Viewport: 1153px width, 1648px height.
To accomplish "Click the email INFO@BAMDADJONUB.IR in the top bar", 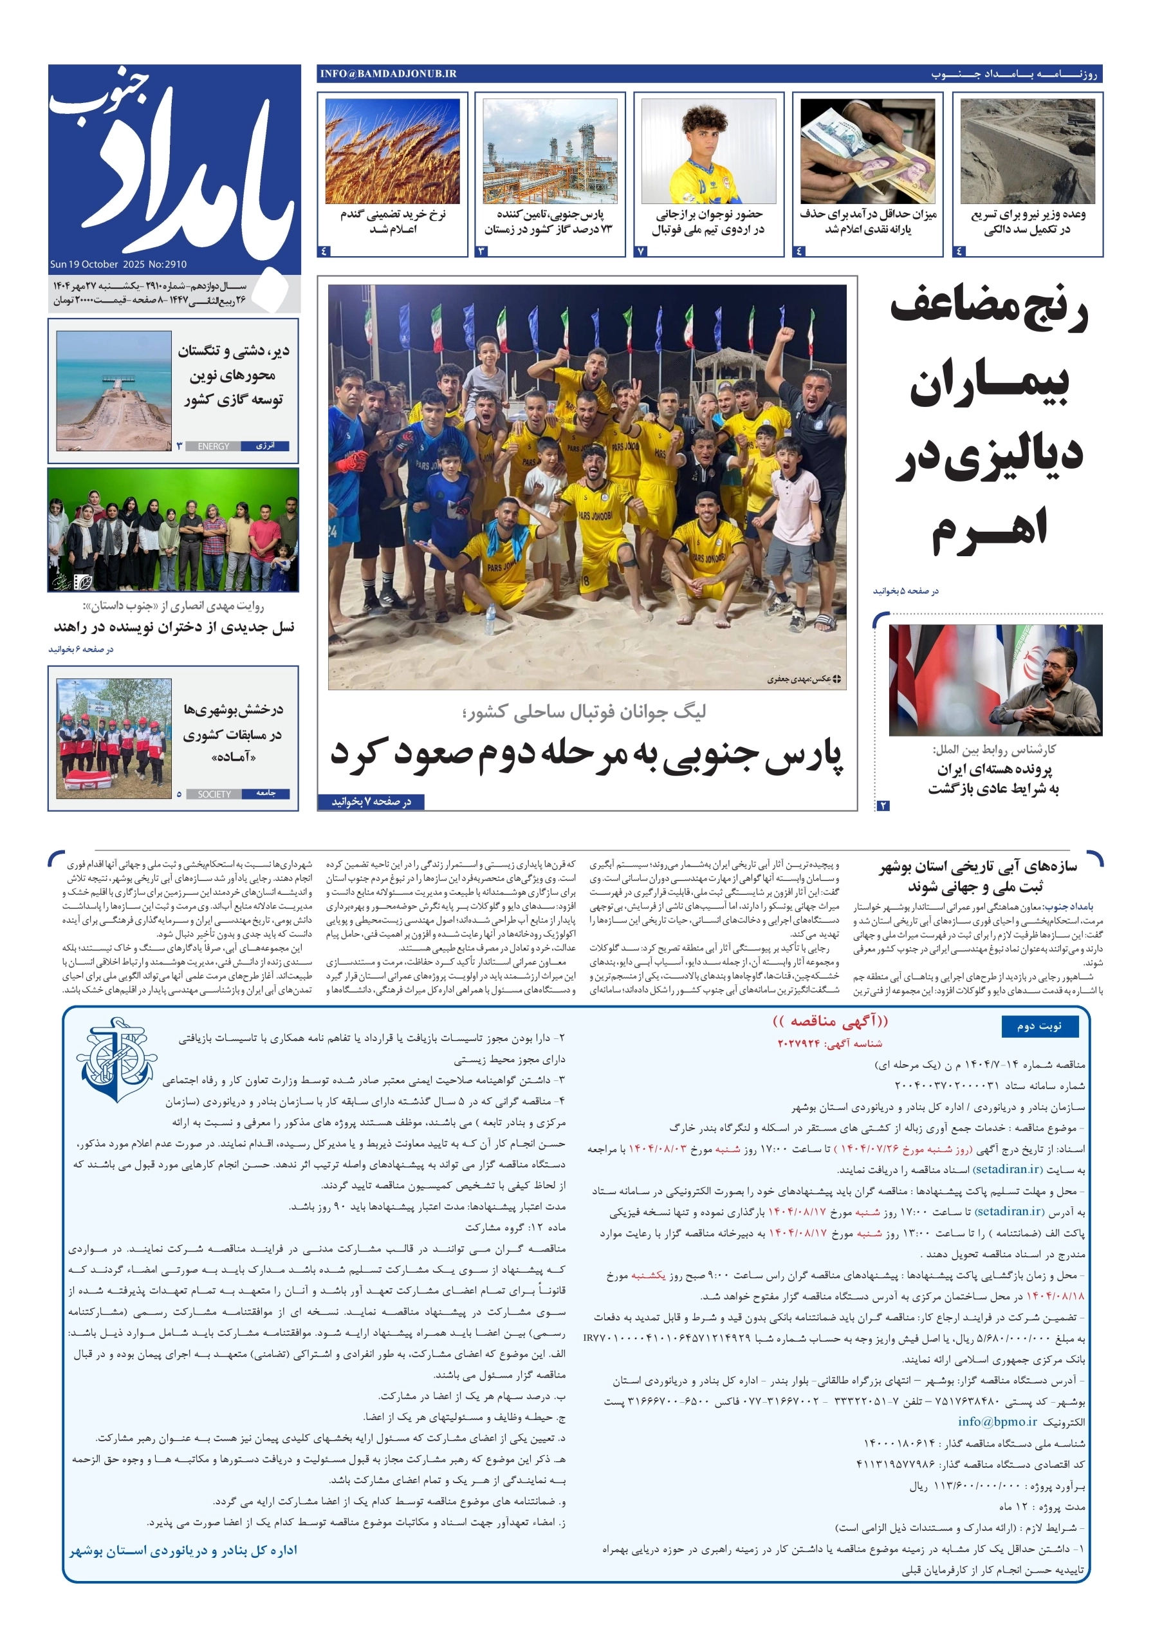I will pos(388,74).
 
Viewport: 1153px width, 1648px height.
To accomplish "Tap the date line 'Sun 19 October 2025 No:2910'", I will pos(118,264).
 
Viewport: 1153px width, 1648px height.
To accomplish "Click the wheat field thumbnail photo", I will pos(392,151).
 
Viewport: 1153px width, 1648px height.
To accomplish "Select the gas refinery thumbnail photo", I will pos(549,151).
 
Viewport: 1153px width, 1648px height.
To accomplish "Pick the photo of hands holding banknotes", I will pos(867,151).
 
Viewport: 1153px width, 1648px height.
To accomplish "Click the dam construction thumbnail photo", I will pos(1028,151).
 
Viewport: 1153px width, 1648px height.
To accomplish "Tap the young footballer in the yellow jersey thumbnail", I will pos(708,151).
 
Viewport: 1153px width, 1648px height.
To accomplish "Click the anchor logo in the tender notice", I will pos(116,1059).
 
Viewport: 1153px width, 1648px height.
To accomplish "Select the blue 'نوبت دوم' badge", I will pos(1039,1026).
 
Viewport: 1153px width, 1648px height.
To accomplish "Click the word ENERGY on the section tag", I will pos(213,445).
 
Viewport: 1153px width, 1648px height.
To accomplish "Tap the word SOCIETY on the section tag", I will pos(214,794).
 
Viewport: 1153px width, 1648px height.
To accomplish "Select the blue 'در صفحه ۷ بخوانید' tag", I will pos(371,801).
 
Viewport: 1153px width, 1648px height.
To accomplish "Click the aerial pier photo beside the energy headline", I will pos(113,391).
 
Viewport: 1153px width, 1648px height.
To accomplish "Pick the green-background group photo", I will pos(173,530).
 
